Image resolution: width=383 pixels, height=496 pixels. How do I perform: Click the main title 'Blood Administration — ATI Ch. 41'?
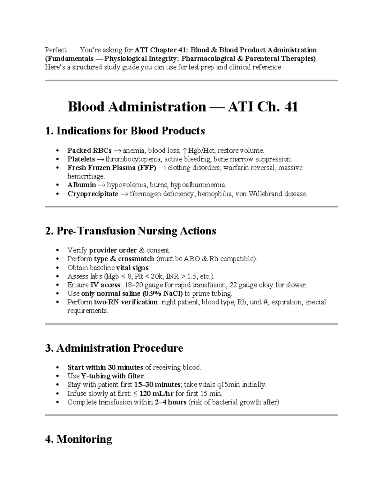tap(183, 107)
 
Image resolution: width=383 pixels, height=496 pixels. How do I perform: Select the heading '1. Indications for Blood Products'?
tap(125, 131)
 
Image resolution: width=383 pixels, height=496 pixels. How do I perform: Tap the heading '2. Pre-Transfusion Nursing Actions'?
tap(131, 231)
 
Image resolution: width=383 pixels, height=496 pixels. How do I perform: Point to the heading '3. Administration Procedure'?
tap(114, 348)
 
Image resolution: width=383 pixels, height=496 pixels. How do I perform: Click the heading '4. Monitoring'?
tap(79, 439)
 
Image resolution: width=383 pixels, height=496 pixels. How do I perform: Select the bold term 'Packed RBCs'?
tap(89, 151)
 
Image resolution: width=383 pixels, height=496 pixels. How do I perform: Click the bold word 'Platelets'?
tap(81, 159)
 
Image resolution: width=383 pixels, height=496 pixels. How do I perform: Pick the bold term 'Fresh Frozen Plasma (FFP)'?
tap(112, 168)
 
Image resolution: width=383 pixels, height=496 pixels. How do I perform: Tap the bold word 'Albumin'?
tap(81, 185)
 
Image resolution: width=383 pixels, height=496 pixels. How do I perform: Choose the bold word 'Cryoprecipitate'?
tap(93, 194)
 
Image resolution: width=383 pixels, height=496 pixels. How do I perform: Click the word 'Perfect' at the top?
tap(56, 50)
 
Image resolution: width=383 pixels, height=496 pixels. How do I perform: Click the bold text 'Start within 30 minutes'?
tap(105, 368)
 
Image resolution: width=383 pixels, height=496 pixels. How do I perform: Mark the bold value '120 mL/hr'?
tap(157, 393)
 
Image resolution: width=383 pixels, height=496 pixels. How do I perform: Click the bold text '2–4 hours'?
tap(170, 402)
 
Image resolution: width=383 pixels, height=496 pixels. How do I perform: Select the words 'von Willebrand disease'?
tap(271, 194)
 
